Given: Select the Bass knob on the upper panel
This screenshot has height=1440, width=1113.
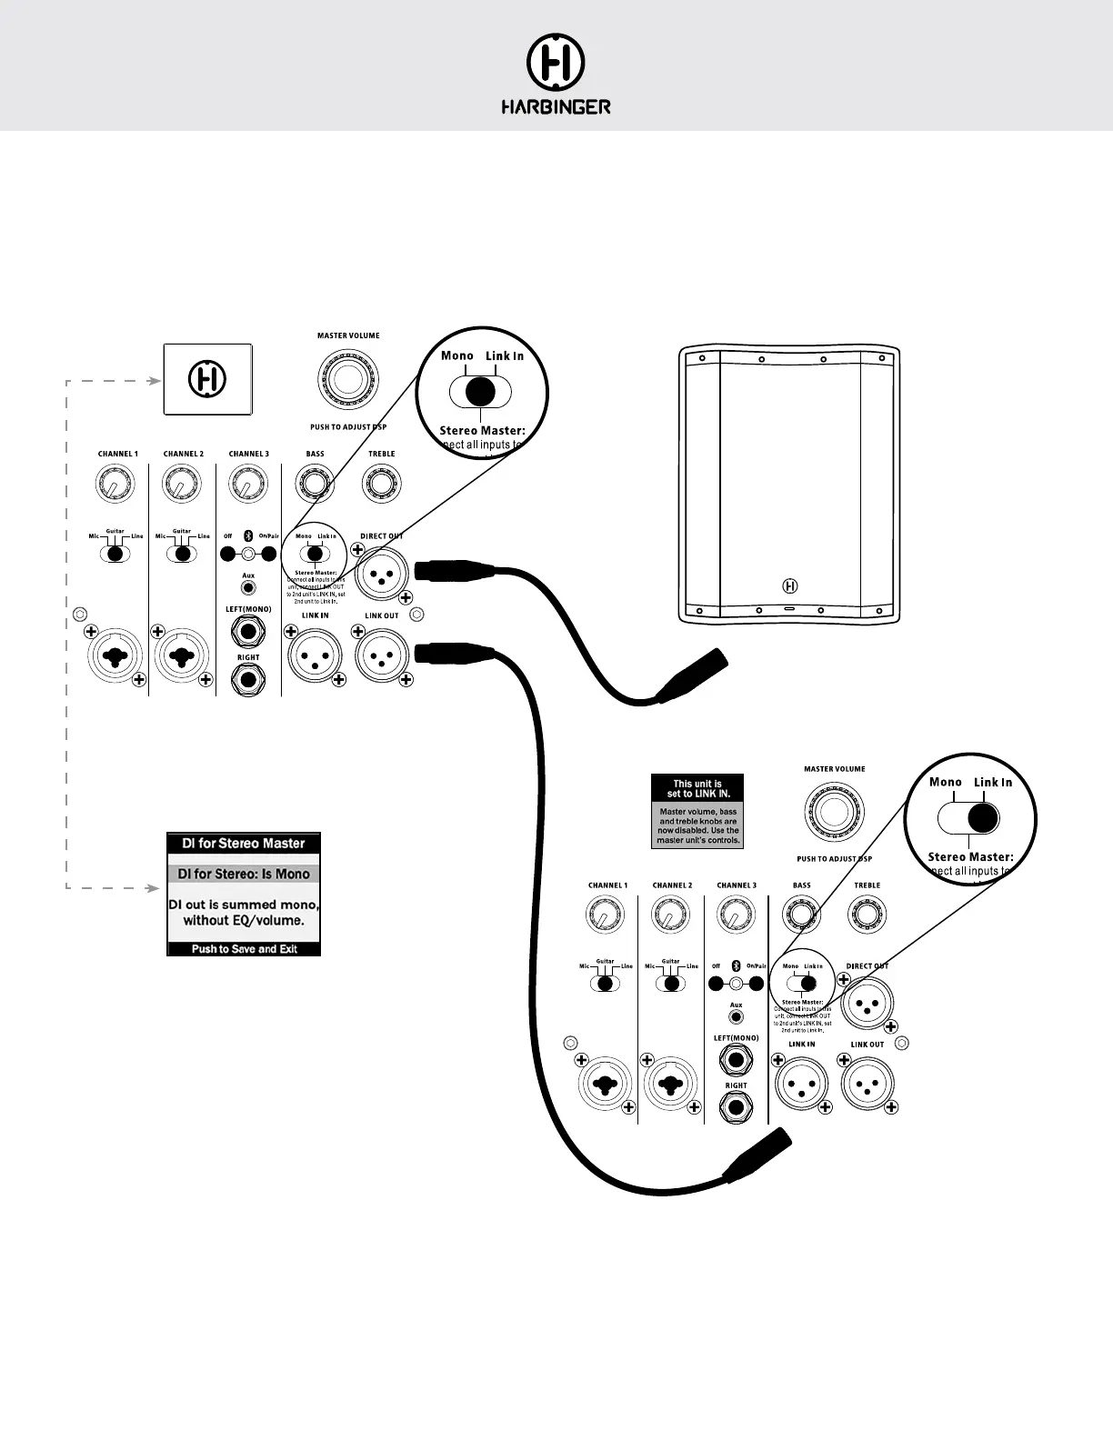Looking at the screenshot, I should [315, 484].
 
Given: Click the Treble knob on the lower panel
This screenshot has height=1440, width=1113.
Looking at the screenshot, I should [867, 915].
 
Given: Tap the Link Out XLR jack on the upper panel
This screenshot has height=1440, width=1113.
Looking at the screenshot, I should [381, 655].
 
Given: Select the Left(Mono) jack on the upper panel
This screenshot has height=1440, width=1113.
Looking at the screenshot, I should [248, 630].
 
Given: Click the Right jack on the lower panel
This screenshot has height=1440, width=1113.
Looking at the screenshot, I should [736, 1106].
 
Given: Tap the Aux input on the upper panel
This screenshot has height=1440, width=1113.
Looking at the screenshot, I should [248, 588].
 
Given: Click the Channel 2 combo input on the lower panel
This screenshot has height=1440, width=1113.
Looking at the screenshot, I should [670, 1085].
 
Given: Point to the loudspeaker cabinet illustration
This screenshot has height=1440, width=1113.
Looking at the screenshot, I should [789, 484].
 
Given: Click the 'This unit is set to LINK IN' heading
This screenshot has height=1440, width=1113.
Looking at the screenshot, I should [697, 788].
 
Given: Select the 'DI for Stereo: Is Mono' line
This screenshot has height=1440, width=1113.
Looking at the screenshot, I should [244, 875].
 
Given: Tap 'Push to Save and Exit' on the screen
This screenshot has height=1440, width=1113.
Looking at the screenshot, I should [244, 949].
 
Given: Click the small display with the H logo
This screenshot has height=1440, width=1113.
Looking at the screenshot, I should [207, 379].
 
